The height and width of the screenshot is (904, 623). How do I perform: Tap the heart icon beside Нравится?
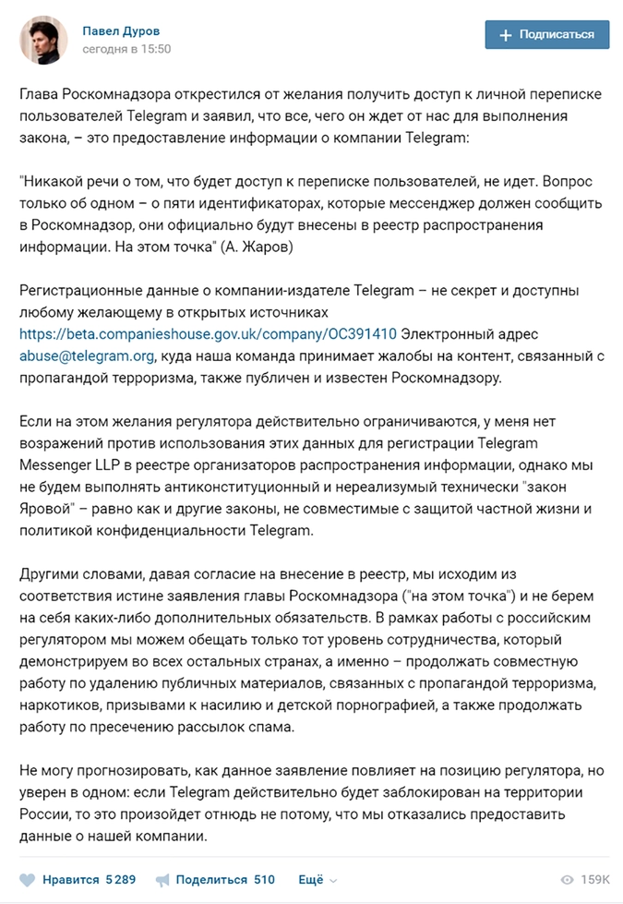28,880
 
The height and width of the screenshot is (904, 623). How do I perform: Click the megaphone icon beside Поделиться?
162,880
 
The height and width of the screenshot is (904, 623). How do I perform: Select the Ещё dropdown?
317,880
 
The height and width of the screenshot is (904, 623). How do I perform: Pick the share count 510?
265,880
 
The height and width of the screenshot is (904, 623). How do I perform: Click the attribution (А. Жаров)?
266,247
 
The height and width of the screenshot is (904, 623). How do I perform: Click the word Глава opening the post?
40,93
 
